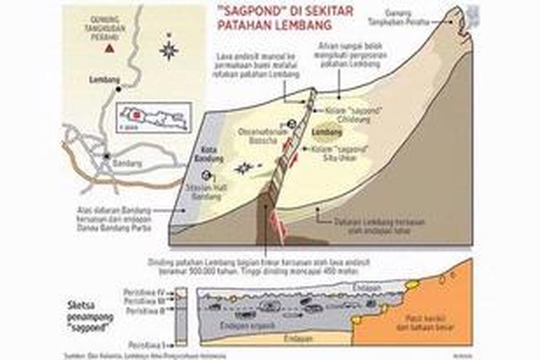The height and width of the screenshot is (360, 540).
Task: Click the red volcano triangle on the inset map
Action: (109, 48)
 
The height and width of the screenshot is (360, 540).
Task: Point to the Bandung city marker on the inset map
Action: (105, 156)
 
